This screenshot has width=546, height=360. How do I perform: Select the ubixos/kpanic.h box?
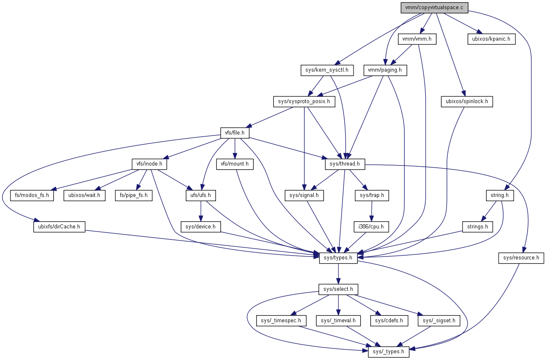point(491,39)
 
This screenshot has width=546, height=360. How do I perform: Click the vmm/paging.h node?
point(385,70)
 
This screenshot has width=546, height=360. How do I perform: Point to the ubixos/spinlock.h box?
point(467,101)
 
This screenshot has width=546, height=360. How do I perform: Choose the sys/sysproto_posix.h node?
point(304,101)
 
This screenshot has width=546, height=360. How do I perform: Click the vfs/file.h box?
point(235,133)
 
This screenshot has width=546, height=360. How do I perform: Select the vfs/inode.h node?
point(149,164)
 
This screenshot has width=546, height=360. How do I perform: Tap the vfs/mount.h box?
point(235,164)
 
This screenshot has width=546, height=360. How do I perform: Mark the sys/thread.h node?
point(345,164)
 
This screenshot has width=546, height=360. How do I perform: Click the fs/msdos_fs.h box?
point(32,195)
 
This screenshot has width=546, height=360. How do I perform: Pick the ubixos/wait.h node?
point(85,195)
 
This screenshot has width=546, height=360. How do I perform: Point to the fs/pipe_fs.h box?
point(134,195)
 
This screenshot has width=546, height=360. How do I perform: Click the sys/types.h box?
point(338,258)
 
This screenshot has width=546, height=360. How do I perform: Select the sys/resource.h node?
point(521,258)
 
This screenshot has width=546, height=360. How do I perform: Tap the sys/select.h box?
point(338,289)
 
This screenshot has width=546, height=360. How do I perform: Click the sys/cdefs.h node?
point(389,321)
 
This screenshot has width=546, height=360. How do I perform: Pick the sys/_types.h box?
point(389,352)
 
